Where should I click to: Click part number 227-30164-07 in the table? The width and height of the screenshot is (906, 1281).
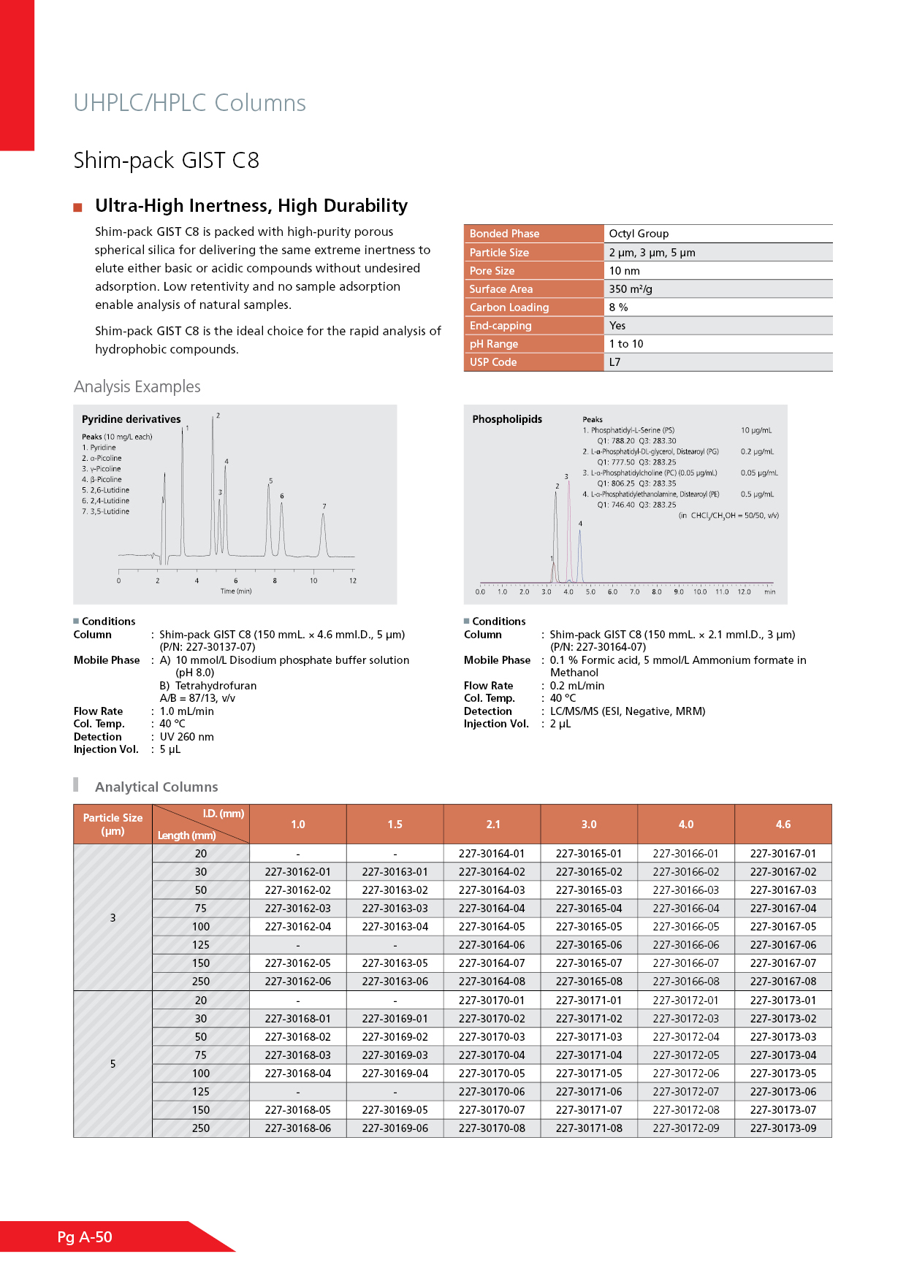(492, 963)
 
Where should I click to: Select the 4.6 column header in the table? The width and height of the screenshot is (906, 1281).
(783, 825)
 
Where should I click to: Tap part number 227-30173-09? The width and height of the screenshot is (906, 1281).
(783, 1128)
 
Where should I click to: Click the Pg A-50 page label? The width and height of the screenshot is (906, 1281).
(85, 1237)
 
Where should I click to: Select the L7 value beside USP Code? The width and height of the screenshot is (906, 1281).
(615, 362)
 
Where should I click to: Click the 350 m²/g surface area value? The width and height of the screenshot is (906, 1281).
(631, 289)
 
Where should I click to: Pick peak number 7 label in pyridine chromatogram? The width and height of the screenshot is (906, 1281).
(324, 506)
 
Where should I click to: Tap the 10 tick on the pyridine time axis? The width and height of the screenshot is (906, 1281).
(313, 581)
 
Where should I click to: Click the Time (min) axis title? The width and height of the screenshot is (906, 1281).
(236, 592)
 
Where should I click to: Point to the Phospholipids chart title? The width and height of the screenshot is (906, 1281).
(507, 419)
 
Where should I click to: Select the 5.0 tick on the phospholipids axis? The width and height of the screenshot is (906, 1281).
(590, 592)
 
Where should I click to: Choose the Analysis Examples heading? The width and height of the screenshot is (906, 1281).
(137, 387)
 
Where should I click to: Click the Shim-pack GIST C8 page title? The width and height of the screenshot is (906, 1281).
(167, 161)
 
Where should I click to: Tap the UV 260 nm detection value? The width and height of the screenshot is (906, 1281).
(187, 737)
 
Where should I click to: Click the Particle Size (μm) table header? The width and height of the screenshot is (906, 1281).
(113, 825)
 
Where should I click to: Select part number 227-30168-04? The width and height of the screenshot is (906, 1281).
(298, 1074)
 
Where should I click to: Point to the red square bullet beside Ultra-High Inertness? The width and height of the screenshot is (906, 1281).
(78, 208)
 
